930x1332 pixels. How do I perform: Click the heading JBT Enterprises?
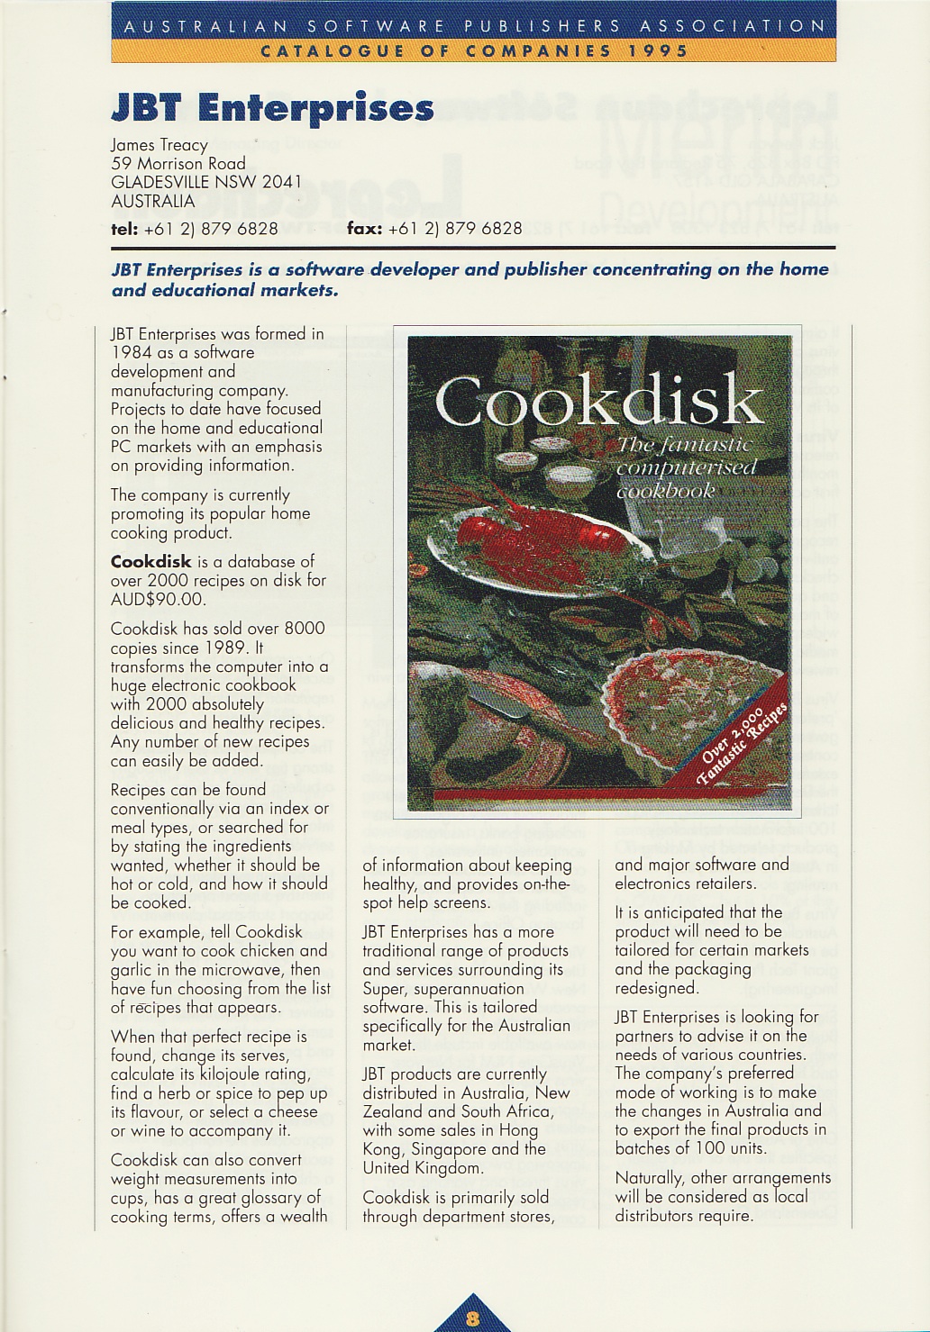(272, 108)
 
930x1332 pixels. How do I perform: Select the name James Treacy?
(160, 144)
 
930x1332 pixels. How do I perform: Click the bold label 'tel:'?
(123, 229)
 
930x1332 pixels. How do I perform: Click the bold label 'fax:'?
(364, 229)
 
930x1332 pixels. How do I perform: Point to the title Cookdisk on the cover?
(599, 402)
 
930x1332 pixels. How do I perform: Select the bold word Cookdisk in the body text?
(150, 562)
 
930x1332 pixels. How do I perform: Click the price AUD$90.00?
(159, 600)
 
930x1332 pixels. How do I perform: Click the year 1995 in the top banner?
(659, 51)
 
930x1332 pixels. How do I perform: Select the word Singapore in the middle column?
(446, 1149)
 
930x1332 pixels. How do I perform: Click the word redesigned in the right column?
(657, 988)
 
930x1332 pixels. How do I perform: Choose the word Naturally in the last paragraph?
(650, 1178)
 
